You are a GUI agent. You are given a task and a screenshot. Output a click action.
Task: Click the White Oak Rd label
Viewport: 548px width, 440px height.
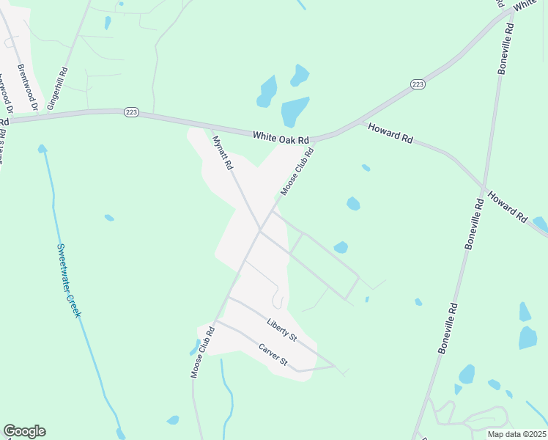coord(281,137)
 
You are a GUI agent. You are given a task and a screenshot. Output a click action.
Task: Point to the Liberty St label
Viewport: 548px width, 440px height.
coord(281,330)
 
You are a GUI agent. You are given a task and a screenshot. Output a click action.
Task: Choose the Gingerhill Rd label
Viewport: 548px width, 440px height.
coord(57,89)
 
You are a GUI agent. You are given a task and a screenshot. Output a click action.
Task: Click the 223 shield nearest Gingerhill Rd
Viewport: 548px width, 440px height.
coord(130,112)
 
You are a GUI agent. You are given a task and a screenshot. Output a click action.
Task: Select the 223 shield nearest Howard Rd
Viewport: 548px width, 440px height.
coord(418,85)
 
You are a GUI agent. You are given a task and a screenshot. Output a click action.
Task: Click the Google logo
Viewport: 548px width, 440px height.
coord(24,431)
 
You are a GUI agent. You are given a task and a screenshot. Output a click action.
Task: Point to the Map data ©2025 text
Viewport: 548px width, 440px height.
coord(515,434)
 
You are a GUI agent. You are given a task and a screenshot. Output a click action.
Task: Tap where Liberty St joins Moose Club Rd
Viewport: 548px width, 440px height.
coord(229,298)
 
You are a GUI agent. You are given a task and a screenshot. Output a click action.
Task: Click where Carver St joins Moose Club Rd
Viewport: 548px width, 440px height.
coord(215,320)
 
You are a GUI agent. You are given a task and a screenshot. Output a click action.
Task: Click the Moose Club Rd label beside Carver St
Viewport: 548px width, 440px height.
coord(203,352)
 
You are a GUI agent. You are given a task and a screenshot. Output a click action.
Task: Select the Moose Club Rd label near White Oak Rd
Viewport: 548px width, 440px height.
coord(297,172)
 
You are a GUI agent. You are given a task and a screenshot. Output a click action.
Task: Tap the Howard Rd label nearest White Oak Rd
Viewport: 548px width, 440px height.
coord(389,133)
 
